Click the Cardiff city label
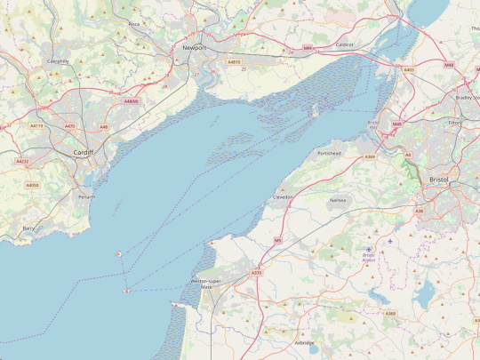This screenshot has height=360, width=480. pos(84,153)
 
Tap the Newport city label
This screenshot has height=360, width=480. pos(194,47)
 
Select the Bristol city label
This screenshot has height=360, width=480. pos(439,180)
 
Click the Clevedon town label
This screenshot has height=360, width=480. pos(284,197)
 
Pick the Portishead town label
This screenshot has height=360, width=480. pos(329,153)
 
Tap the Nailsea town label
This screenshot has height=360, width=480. pos(338,200)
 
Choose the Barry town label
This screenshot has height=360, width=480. pos(29,228)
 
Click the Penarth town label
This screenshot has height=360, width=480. pos(86,196)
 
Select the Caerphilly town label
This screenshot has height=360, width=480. pos(58,61)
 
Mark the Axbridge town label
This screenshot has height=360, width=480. pos(304,342)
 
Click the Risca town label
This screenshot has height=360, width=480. pos(134,24)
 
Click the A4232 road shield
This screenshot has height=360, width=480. pos(22,162)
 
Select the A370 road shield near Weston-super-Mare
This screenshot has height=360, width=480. pos(256,273)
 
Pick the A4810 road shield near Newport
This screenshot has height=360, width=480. pos(234,62)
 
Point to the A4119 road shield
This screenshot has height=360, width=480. pos(36,126)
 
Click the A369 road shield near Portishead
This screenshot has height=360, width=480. pos(369,156)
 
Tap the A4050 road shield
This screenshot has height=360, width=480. pos(32,185)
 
